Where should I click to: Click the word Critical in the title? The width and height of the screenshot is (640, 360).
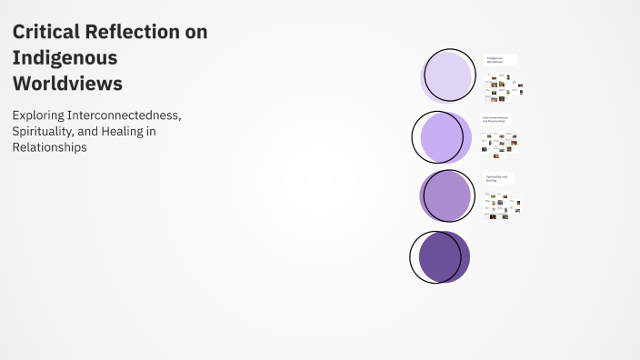44,32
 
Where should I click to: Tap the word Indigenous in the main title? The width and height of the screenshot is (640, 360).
65,57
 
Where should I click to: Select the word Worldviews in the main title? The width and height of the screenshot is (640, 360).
67,83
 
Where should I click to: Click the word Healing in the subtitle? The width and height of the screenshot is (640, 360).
134,132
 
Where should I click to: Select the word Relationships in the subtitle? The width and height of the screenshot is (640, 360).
50,148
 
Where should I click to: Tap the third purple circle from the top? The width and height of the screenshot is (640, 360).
447,196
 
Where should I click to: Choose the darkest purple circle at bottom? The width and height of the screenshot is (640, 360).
441,256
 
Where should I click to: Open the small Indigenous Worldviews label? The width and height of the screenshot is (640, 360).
499,59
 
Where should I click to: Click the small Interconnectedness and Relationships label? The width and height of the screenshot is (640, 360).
495,119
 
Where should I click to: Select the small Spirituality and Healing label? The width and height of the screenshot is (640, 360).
498,178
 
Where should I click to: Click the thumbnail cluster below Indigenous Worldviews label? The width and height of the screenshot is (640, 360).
502,87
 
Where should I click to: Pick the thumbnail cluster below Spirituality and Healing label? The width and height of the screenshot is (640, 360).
502,205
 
